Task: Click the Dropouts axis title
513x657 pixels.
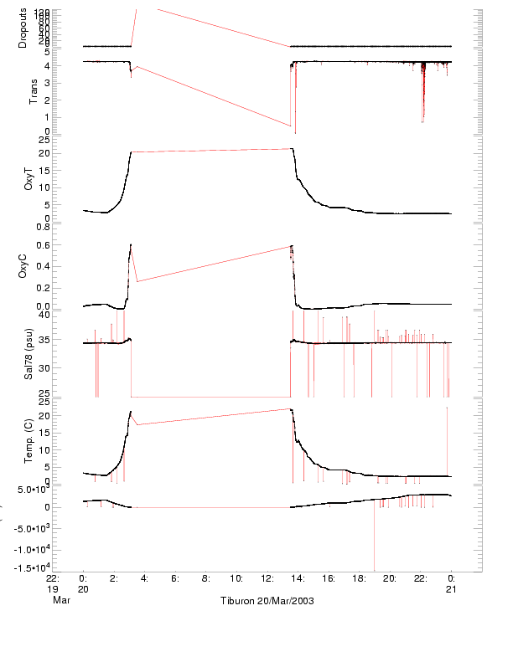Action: [x=23, y=27]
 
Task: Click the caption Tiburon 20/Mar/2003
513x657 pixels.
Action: [x=267, y=601]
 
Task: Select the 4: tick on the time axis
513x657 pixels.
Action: [x=144, y=577]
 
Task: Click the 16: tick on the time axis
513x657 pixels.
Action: [x=329, y=577]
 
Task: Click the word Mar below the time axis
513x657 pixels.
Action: [x=60, y=601]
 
